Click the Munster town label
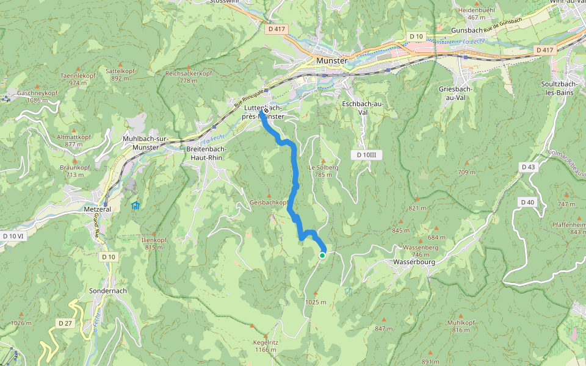(x=331, y=61)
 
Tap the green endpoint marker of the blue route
(x=322, y=256)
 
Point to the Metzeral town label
(x=98, y=209)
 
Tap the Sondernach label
(x=107, y=290)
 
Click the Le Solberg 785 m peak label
(x=324, y=170)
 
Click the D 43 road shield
(x=528, y=167)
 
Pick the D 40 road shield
(x=528, y=202)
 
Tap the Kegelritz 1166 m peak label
(x=266, y=346)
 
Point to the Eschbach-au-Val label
(x=363, y=108)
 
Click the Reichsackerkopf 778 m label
(x=189, y=76)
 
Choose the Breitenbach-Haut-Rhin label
(x=205, y=153)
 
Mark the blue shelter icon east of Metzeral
(x=135, y=206)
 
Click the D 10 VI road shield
(x=13, y=235)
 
